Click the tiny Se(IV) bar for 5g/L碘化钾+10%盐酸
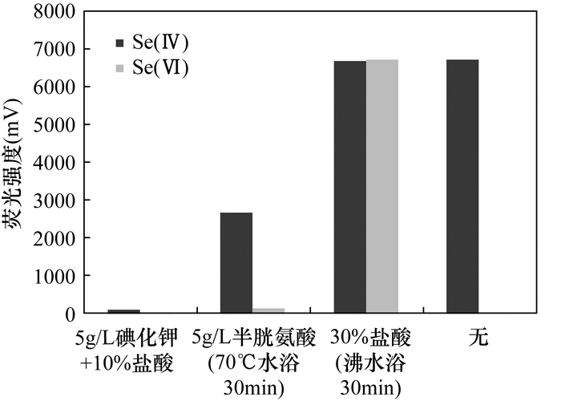[123, 310]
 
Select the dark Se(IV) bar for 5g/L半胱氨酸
[236, 262]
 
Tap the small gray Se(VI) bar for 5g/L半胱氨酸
[268, 310]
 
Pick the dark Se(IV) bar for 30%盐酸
[350, 186]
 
